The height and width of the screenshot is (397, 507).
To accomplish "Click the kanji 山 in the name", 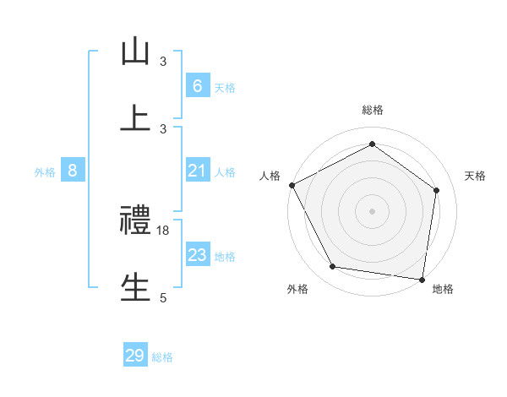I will coord(134,52).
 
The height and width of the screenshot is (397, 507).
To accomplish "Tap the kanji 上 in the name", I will coord(134,118).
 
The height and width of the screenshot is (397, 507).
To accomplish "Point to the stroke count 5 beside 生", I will coord(163,297).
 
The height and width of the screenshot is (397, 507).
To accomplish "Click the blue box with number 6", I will coord(197,86).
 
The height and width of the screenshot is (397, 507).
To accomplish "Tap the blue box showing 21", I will coord(197,171).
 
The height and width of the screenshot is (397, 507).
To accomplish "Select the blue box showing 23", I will coord(197,255).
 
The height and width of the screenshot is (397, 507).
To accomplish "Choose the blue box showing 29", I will coord(134,356).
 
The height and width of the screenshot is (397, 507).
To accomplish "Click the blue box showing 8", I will coord(73,171).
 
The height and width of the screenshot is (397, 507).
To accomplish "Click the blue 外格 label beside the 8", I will coord(45,172).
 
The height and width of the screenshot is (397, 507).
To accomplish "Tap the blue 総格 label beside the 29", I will coord(162,357).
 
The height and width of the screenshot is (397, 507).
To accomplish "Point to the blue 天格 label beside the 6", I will coord(224,88).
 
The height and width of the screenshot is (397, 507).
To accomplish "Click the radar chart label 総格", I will coord(372,110).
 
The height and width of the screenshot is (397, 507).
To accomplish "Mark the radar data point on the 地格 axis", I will coord(422,279).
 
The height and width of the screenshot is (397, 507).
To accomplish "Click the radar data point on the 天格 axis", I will coord(436,190).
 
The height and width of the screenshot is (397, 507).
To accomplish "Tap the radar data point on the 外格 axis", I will coord(333,267).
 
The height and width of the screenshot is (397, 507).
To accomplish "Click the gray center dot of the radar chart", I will coord(372,210).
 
